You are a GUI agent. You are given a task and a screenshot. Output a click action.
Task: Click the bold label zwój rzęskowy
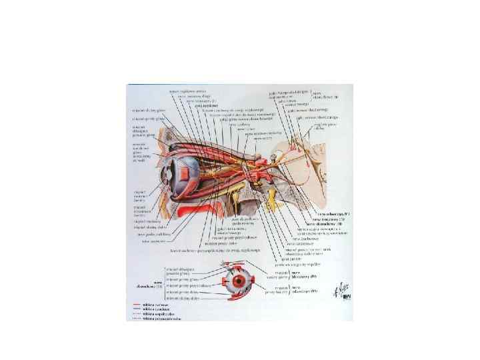[x=196, y=105]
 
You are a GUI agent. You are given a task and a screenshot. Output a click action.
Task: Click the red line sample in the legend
[x=137, y=305]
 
